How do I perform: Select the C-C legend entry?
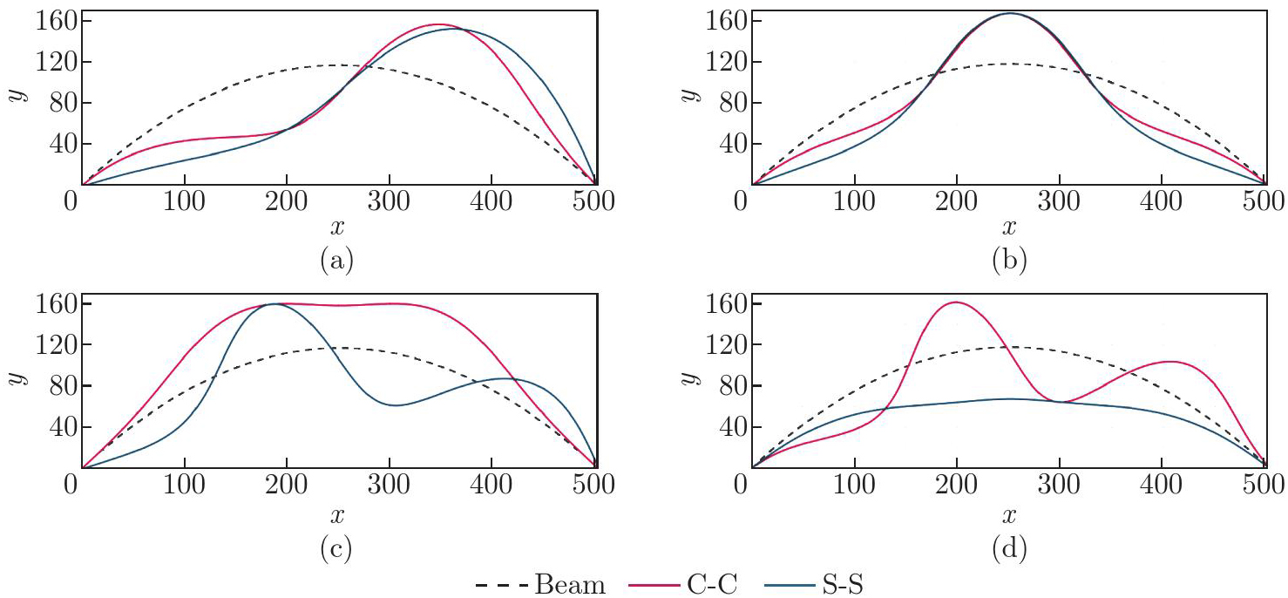pyautogui.click(x=683, y=584)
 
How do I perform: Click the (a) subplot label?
pyautogui.click(x=338, y=261)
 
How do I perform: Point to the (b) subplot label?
pyautogui.click(x=1008, y=261)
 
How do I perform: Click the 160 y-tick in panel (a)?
pyautogui.click(x=53, y=21)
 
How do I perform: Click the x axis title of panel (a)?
pyautogui.click(x=338, y=228)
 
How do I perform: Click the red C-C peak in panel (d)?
pyautogui.click(x=956, y=302)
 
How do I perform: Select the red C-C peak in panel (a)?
pyautogui.click(x=438, y=24)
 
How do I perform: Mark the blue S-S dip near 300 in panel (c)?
pyautogui.click(x=396, y=405)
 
